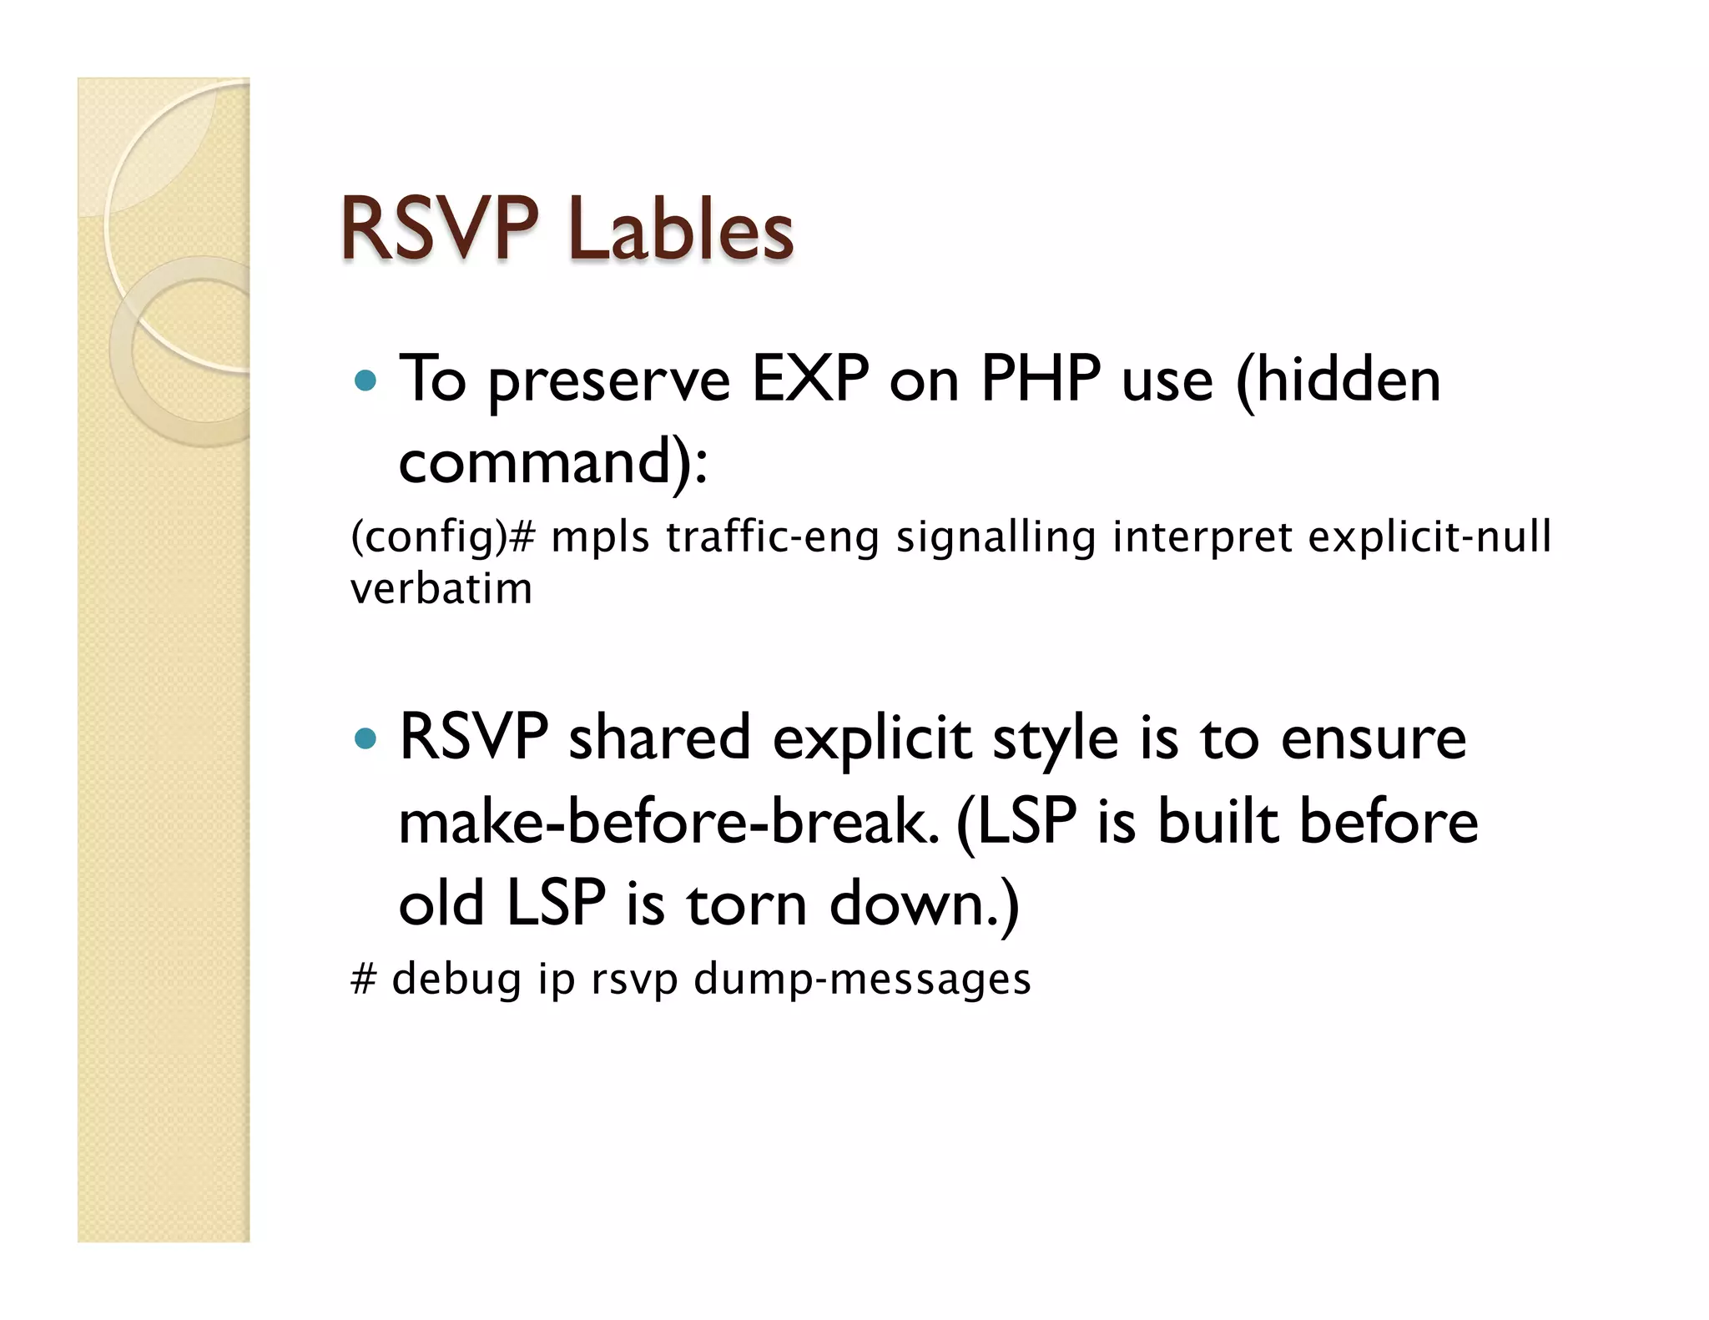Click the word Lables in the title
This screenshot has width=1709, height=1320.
click(680, 229)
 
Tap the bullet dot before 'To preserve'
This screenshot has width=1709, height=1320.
click(365, 381)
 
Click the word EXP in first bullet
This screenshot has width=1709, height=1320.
click(810, 380)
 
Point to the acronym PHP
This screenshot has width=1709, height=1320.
click(1040, 380)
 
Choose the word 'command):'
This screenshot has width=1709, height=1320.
click(553, 461)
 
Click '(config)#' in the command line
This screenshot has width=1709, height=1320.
click(441, 537)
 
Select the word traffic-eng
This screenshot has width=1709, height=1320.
click(772, 537)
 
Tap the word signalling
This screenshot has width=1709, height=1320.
click(995, 537)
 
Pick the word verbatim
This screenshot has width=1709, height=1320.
click(441, 589)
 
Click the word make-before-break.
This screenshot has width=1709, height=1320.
click(668, 821)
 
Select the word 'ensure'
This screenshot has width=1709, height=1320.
click(1373, 739)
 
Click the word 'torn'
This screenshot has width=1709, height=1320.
click(746, 904)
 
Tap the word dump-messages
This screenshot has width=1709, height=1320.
click(862, 978)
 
